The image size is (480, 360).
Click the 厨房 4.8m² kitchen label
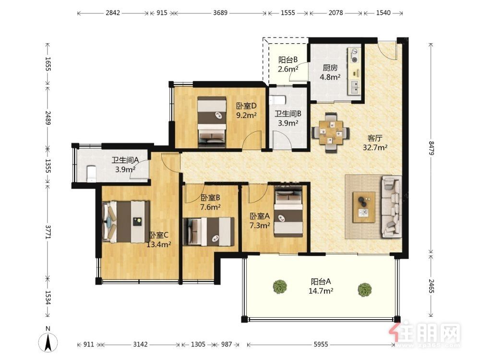tap(330, 72)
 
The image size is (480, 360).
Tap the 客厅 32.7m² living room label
tap(375, 143)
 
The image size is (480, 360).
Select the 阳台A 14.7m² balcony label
tap(321, 286)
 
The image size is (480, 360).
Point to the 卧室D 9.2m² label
tap(246, 110)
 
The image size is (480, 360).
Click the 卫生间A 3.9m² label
tap(125, 164)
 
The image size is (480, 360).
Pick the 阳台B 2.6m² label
tap(288, 64)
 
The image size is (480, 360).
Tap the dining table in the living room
tap(331, 132)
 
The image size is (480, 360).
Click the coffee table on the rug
tap(364, 207)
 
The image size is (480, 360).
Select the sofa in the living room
tap(392, 206)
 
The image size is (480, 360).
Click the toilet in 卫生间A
tap(92, 174)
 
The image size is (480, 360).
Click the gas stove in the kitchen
tap(354, 56)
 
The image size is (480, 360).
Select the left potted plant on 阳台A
tap(280, 287)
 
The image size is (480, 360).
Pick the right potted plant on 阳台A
tap(365, 289)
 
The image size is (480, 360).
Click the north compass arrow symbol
tap(48, 342)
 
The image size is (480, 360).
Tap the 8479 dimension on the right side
tap(431, 148)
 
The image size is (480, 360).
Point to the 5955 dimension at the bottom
tap(321, 344)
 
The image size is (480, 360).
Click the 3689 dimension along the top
tap(220, 13)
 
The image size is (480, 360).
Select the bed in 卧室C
tap(126, 222)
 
